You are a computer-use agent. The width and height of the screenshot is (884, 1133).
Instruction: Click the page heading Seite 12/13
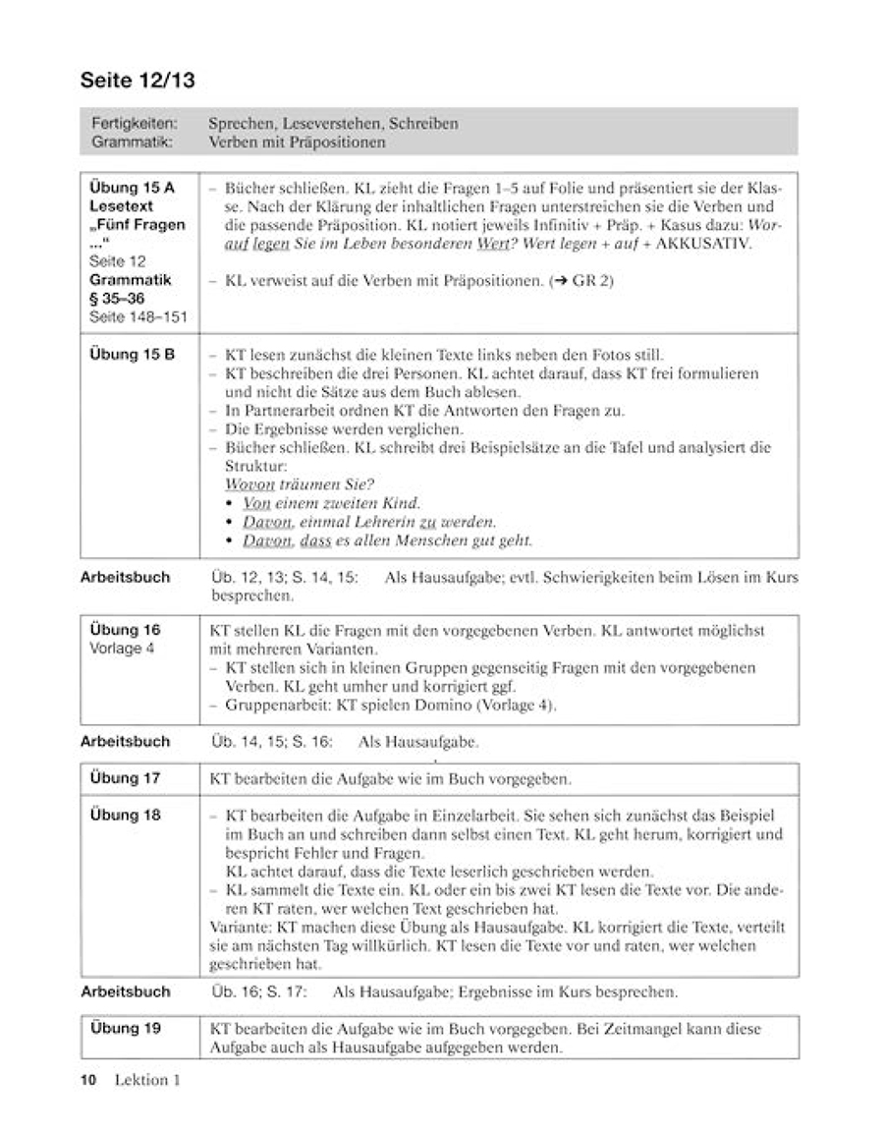[x=138, y=82]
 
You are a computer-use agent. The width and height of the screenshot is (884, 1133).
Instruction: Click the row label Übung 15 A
[x=129, y=188]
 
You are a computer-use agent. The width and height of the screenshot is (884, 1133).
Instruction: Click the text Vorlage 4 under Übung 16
[x=122, y=649]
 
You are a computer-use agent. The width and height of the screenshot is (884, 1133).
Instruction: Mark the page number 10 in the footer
[x=88, y=1081]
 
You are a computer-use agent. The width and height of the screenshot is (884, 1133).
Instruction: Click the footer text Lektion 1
[x=148, y=1081]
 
